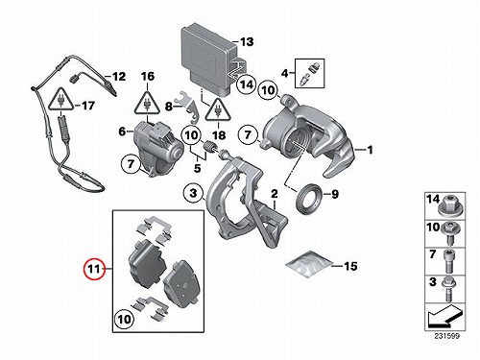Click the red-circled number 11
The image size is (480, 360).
point(94,268)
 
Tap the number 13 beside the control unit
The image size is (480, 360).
point(247,41)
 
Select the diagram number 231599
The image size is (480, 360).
point(447,336)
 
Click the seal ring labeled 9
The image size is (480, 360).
point(309,201)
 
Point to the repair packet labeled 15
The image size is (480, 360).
point(309,264)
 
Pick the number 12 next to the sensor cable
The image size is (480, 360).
point(119,77)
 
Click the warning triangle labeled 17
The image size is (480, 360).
point(60,99)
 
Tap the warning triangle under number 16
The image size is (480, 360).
point(148,103)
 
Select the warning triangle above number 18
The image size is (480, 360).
point(218,109)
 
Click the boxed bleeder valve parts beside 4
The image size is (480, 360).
point(310,73)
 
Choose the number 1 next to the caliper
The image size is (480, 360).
point(371,150)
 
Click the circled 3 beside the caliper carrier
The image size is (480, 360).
point(193,193)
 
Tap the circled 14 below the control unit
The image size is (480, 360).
point(247,84)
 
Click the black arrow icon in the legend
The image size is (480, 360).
point(444,317)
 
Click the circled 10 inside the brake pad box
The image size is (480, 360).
point(125,319)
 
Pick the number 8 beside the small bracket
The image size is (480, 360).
point(169,107)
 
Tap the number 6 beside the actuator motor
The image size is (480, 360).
point(122,132)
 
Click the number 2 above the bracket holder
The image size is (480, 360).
point(275,194)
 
